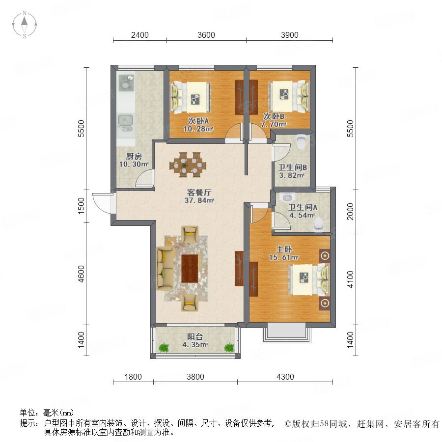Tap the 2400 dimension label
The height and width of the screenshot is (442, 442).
pos(140,35)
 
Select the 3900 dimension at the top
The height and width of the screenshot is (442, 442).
pos(289,35)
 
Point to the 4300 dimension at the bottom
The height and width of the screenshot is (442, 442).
pos(285,377)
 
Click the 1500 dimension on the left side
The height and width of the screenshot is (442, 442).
pos(81,206)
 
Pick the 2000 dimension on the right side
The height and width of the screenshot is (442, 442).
pos(350,211)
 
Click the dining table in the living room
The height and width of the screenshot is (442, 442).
pos(188,165)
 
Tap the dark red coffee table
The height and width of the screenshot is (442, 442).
pos(190,268)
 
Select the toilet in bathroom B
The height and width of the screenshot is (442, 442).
pos(302,141)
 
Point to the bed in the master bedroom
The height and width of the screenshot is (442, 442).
pos(309,279)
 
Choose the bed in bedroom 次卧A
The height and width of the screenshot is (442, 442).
pos(192,96)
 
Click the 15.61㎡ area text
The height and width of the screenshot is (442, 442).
pos(284,257)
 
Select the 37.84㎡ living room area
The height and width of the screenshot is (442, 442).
pos(199,200)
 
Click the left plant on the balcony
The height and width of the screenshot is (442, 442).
pos(163,348)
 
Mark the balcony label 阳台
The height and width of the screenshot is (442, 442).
pos(195,336)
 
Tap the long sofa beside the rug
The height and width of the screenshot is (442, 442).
pos(165,268)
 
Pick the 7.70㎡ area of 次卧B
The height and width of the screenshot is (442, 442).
pos(274,124)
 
